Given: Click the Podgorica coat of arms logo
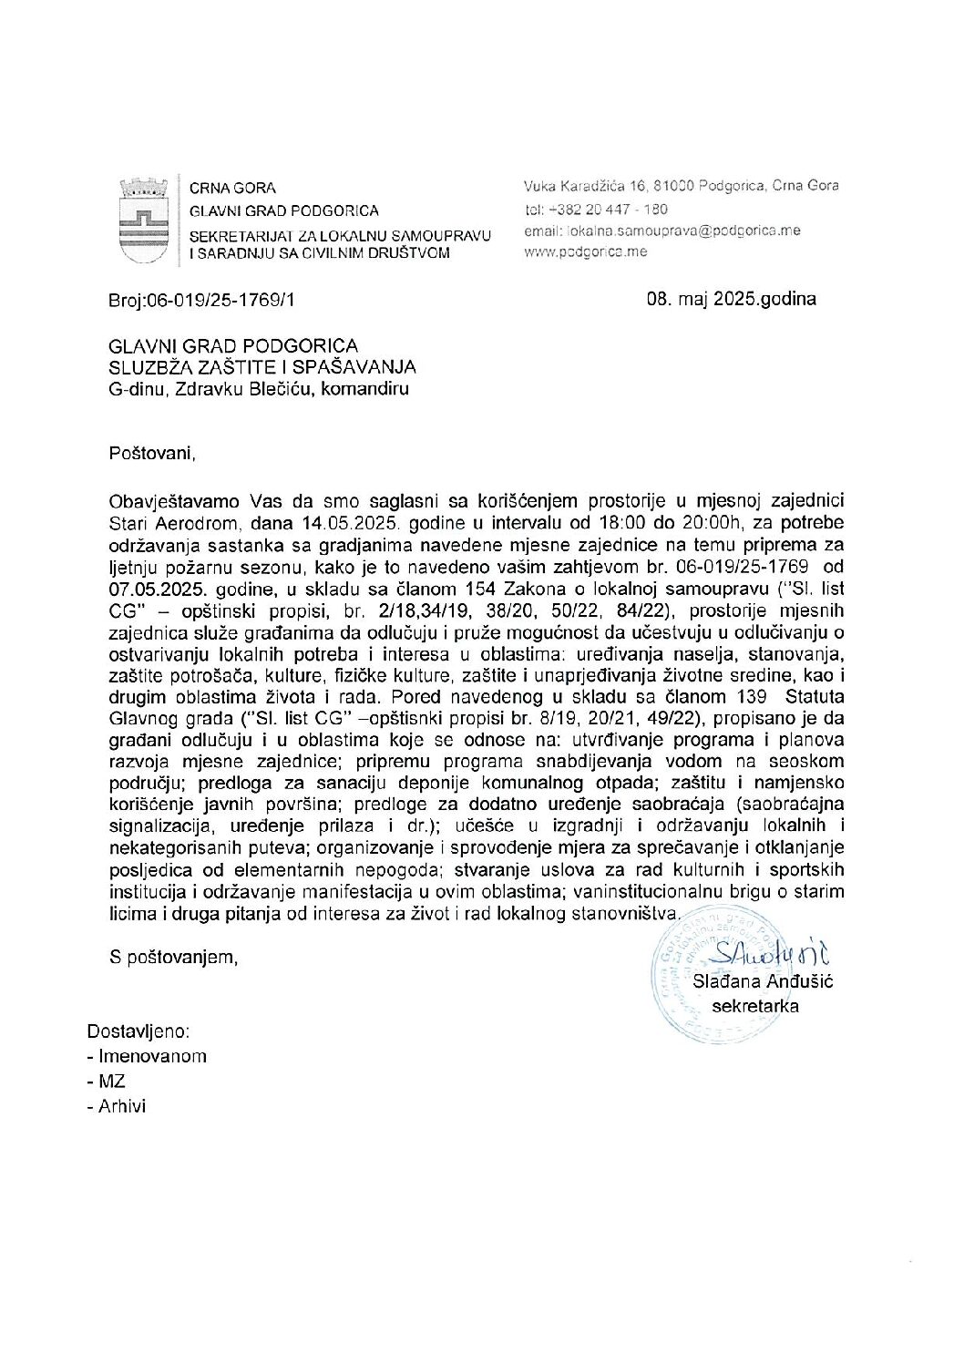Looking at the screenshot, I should pyautogui.click(x=143, y=220).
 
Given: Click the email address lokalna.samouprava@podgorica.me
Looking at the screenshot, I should pyautogui.click(x=662, y=231).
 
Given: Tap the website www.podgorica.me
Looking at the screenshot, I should pyautogui.click(x=585, y=251).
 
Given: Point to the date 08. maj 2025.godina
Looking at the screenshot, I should pyautogui.click(x=731, y=298).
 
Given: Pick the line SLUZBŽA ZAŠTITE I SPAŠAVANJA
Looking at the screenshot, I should pyautogui.click(x=262, y=367).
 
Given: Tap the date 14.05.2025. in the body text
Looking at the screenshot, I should pyautogui.click(x=350, y=523).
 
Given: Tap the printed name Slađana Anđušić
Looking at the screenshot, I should pyautogui.click(x=763, y=981).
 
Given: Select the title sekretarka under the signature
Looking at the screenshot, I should pyautogui.click(x=755, y=1006).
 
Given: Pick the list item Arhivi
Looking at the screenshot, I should pyautogui.click(x=122, y=1107).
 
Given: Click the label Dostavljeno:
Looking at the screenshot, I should pyautogui.click(x=138, y=1031).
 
